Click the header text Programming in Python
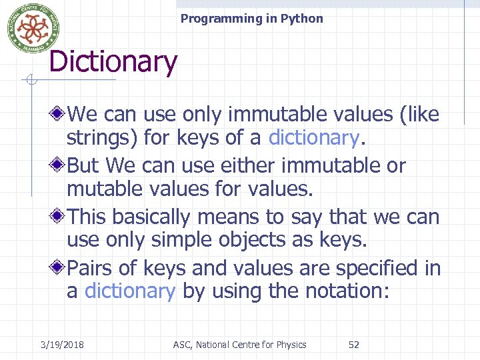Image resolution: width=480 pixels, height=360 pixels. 251,19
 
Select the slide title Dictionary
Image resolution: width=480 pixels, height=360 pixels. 113,62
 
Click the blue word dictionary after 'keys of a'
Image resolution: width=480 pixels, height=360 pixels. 313,138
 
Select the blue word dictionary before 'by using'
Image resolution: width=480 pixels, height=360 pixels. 130,291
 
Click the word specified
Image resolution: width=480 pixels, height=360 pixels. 380,268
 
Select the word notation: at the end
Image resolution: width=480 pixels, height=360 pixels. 351,291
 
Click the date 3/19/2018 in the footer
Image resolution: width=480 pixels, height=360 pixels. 61,345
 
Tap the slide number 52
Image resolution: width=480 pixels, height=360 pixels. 354,345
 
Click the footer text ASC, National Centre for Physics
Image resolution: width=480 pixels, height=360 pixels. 239,345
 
